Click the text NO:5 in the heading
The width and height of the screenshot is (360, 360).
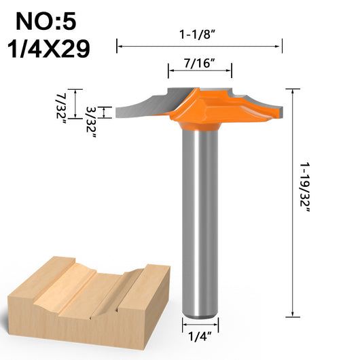(46, 22)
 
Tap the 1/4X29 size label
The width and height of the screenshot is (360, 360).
(48, 49)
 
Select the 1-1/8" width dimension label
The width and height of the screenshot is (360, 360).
(198, 35)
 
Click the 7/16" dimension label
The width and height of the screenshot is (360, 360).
(200, 63)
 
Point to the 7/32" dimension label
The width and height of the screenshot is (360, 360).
(61, 109)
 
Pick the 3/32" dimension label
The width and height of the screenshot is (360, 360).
(91, 122)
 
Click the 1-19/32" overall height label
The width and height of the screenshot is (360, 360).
(305, 187)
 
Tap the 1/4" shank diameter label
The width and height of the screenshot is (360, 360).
(200, 337)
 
